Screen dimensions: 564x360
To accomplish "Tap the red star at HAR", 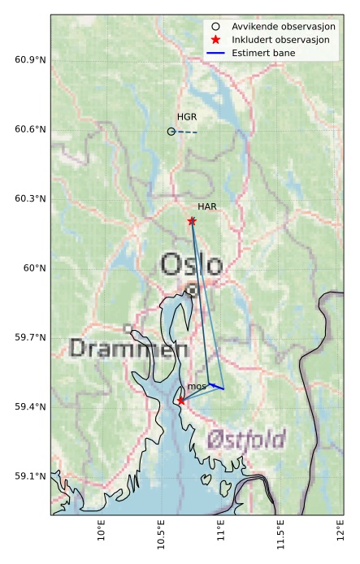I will click(x=192, y=221).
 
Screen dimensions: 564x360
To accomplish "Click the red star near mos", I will click(x=180, y=401).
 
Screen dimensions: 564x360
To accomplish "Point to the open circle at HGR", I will click(x=171, y=131).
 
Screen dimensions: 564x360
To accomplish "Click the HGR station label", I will click(x=187, y=117).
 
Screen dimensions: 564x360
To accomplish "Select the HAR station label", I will click(x=206, y=207).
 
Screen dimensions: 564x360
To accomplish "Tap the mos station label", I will click(x=196, y=386).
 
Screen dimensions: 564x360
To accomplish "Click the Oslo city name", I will click(x=191, y=265).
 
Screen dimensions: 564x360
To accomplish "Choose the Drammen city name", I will click(x=123, y=349).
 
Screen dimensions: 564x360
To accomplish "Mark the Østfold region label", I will click(x=245, y=440).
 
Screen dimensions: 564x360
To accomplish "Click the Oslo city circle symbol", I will click(x=192, y=289).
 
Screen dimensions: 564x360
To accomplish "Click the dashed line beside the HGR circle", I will click(x=187, y=132).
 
